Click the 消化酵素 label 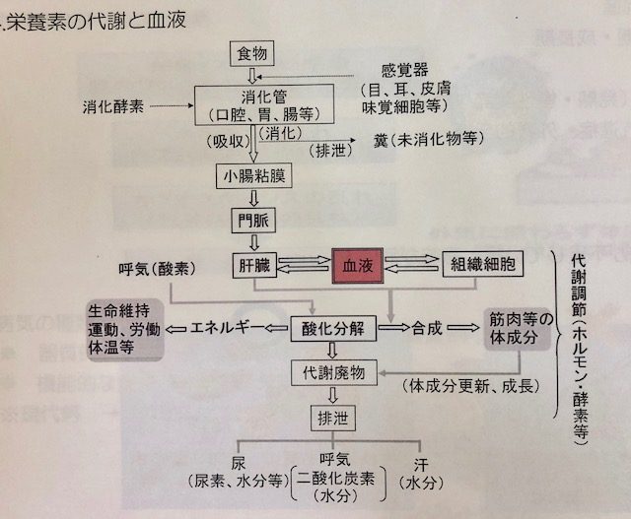(x=115, y=103)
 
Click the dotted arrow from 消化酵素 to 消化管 (x=170, y=103)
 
